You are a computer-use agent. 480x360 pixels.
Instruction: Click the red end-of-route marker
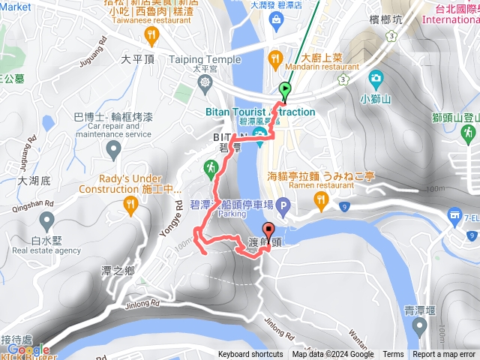pos(268,232)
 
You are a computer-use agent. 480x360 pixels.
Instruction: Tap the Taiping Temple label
pos(205,59)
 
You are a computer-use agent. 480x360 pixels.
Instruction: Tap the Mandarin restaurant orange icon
pos(274,57)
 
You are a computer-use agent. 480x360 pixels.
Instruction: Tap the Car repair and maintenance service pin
pos(114,151)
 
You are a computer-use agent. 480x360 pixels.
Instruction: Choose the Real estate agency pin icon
pos(46,221)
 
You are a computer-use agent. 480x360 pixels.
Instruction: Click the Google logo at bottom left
pos(28,349)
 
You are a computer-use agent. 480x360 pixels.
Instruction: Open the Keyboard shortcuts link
pos(250,355)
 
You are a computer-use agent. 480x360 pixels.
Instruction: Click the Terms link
pos(393,355)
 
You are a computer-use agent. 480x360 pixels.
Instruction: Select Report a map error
pos(445,355)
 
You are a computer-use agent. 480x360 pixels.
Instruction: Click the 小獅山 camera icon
pos(375,77)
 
